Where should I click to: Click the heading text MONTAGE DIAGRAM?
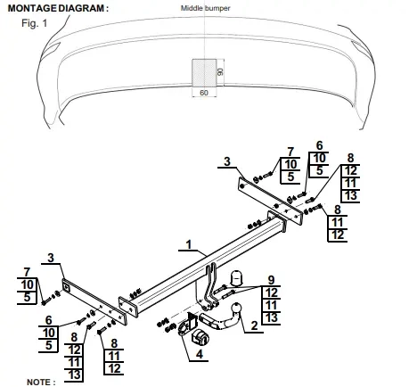tap(56, 8)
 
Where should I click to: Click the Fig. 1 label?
tap(34, 23)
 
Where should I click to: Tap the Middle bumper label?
tap(205, 8)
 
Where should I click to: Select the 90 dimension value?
tap(220, 72)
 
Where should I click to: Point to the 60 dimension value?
tap(204, 93)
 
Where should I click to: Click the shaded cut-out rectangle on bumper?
tap(204, 73)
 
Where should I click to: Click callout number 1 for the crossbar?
tap(189, 244)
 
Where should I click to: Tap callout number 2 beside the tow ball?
tap(254, 325)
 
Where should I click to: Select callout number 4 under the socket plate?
tap(199, 354)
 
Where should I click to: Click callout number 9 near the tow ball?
tap(271, 280)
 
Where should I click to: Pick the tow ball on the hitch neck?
tap(237, 308)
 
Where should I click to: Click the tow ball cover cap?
tap(237, 277)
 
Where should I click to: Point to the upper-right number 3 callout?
tap(227, 161)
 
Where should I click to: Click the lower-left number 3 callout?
tap(51, 258)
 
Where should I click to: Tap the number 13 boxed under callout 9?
tap(271, 317)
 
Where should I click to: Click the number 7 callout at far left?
tap(27, 272)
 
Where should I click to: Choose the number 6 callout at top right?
tap(319, 145)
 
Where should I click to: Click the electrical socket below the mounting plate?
tap(200, 337)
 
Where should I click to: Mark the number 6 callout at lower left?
tap(48, 320)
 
